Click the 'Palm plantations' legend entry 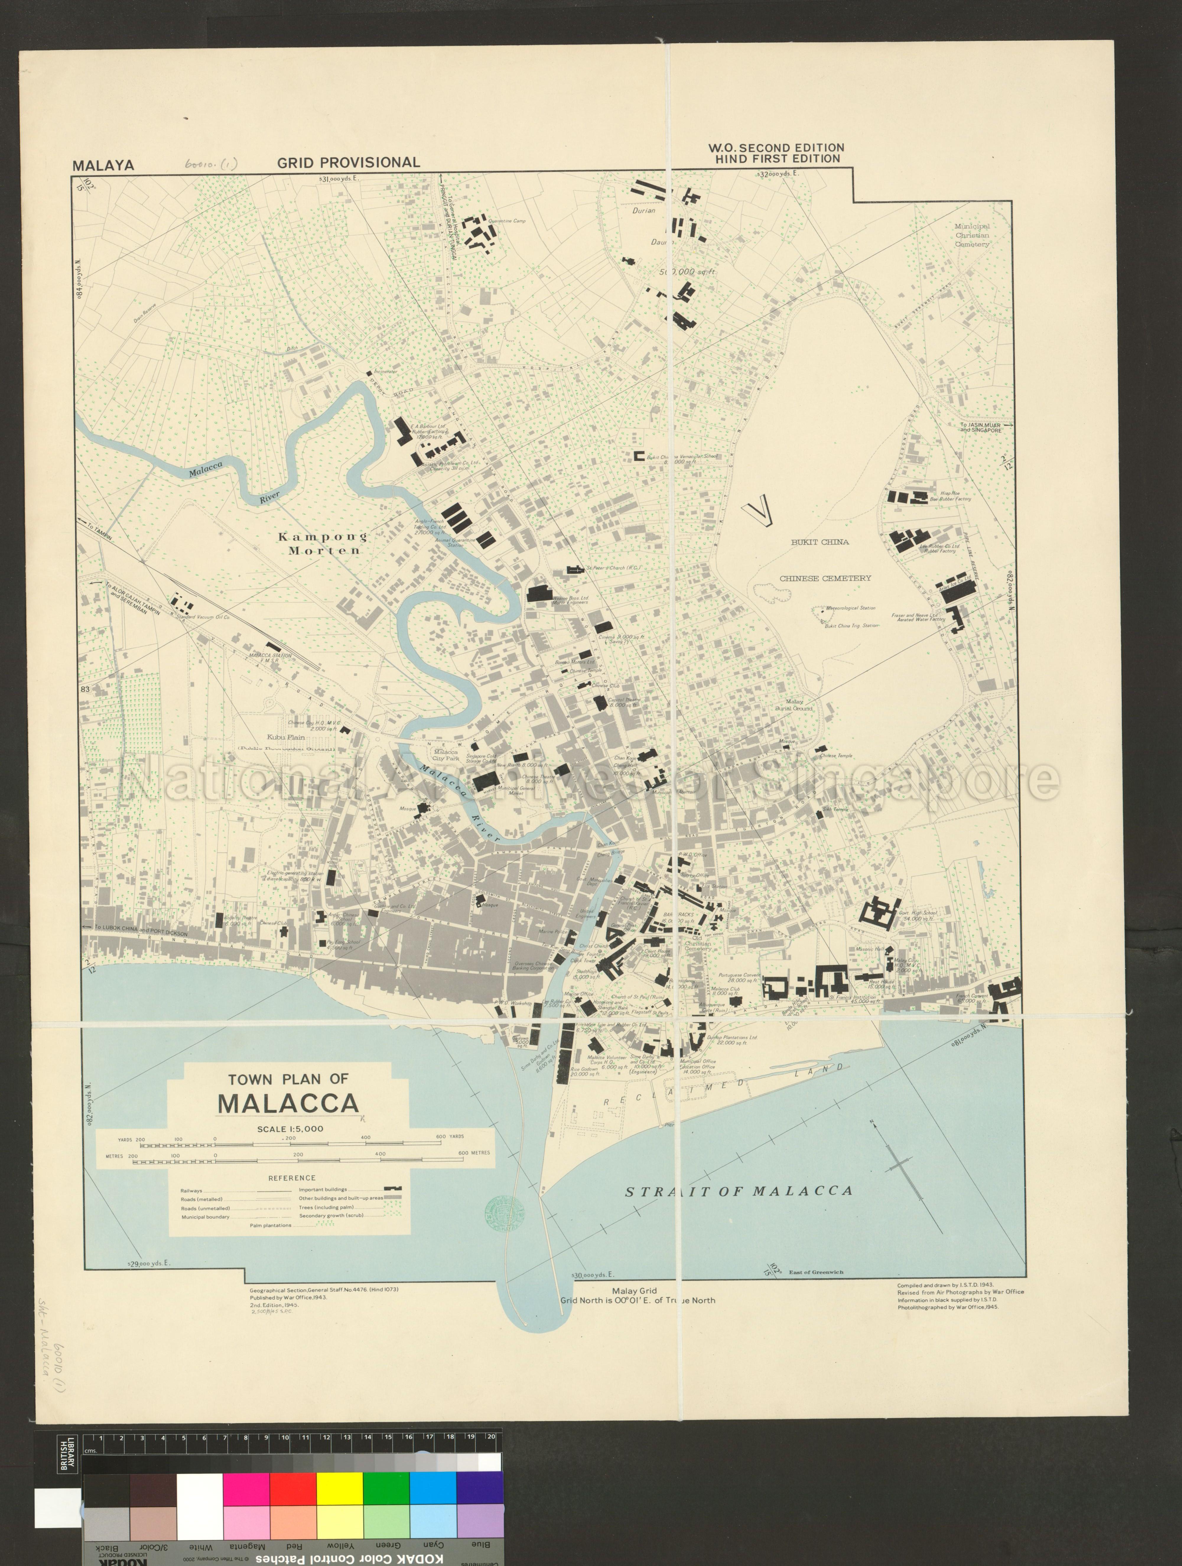click(x=270, y=1225)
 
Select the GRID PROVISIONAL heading click(x=348, y=162)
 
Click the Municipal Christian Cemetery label click(x=972, y=235)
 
